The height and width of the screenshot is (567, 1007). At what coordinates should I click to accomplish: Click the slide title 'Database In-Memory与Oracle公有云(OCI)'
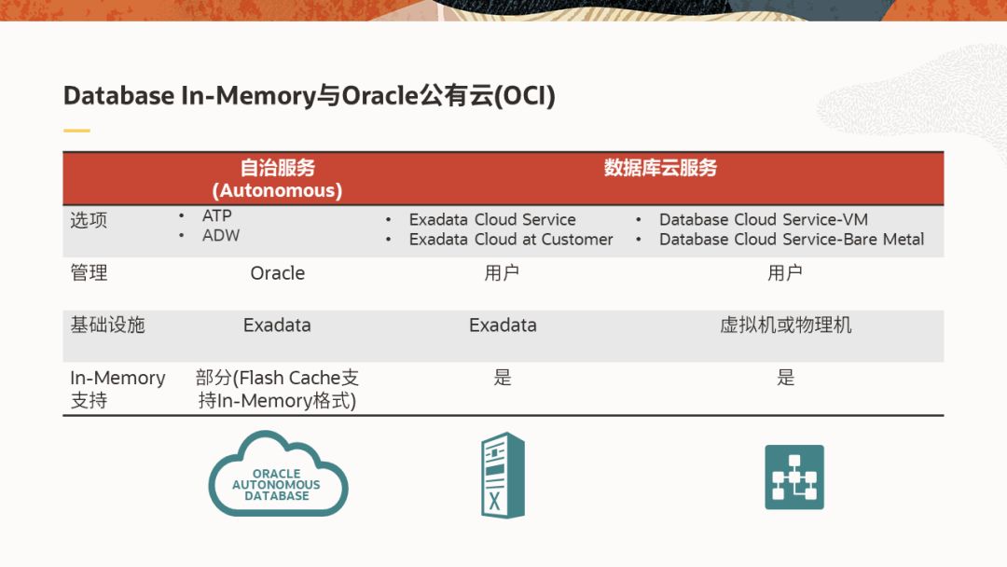[309, 96]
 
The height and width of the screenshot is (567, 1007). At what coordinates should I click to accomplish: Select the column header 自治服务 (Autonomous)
[278, 178]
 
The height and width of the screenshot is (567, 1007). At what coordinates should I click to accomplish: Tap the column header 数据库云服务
[660, 168]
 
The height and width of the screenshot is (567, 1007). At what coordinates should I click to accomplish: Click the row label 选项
[89, 220]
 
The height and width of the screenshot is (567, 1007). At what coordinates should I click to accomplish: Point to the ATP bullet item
[216, 215]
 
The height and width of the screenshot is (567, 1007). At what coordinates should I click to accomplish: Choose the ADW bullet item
[221, 236]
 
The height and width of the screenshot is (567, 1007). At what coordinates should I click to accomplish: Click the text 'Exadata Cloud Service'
[492, 219]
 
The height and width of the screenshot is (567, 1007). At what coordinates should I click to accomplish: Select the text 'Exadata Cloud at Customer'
[511, 240]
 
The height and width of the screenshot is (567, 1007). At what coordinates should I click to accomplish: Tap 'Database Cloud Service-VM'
[764, 219]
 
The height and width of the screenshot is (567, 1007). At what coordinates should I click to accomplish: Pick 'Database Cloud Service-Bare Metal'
[792, 240]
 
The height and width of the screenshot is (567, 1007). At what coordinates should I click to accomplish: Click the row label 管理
[89, 273]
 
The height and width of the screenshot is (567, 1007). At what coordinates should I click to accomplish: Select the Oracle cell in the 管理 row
[278, 273]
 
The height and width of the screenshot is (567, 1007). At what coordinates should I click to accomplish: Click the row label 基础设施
[107, 325]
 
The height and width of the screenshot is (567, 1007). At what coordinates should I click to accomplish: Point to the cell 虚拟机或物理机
[785, 325]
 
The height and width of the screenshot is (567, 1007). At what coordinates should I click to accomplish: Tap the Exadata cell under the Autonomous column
[277, 325]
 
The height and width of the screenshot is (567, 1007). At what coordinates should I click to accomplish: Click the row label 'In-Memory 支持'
[117, 389]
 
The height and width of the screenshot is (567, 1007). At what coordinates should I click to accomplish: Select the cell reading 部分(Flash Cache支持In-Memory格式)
[278, 389]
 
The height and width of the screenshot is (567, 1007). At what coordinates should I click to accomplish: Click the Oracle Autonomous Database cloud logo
[278, 474]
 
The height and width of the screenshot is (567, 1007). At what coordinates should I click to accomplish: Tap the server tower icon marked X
[503, 476]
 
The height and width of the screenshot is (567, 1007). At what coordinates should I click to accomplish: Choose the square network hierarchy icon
[794, 477]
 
